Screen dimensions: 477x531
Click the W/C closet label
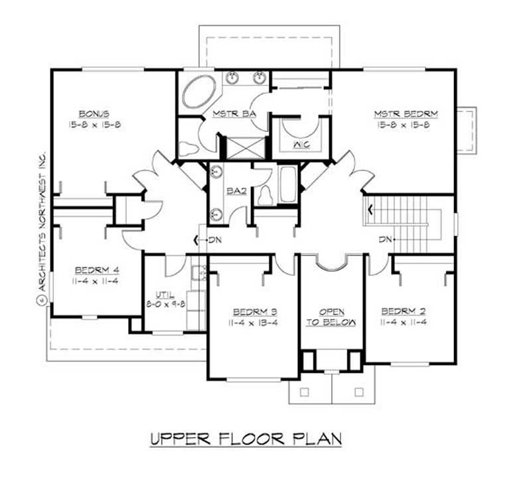point(297,145)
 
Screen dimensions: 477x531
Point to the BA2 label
point(235,191)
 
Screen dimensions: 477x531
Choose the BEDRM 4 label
point(97,270)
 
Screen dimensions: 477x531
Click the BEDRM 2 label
point(403,310)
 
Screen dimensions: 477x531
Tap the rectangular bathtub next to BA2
point(289,184)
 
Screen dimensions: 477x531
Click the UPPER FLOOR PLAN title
point(245,439)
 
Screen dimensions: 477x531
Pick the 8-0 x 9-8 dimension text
point(165,303)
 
